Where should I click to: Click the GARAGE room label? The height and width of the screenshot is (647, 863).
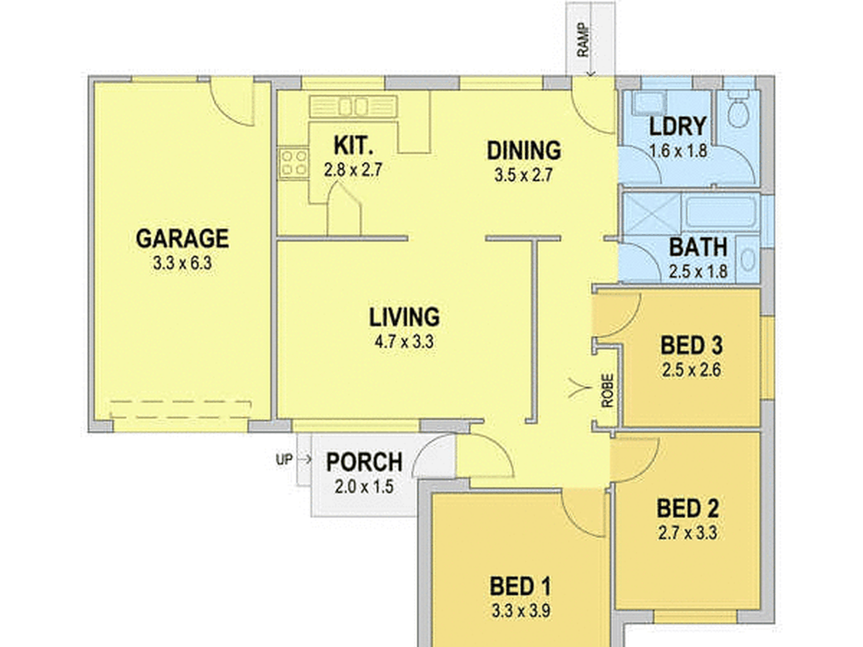point(183,239)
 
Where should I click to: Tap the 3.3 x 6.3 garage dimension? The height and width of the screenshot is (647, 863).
point(183,263)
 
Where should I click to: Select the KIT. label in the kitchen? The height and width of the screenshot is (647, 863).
point(353,146)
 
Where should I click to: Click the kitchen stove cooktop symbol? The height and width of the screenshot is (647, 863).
point(293,163)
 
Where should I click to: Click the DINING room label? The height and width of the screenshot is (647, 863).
point(524,151)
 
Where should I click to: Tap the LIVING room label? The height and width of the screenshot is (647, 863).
point(404,317)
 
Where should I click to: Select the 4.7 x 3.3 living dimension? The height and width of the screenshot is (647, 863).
point(404,342)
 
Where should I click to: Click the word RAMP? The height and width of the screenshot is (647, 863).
point(583,40)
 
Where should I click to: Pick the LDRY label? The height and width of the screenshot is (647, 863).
point(678,126)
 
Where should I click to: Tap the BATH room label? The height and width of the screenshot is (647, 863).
point(698,247)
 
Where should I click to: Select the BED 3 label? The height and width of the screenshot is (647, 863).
point(691,346)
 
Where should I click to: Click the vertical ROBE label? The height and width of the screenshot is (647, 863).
point(608,390)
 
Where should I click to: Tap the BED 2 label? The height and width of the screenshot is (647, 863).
point(688,509)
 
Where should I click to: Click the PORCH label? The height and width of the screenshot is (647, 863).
point(364,462)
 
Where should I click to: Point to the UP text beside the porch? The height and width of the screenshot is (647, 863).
point(284,460)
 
